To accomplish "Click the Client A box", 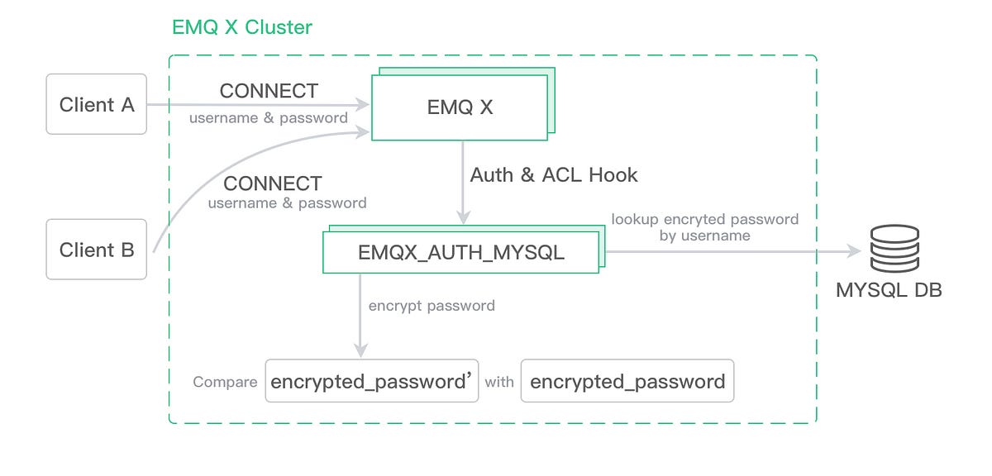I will click(97, 105).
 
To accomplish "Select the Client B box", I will click(97, 250).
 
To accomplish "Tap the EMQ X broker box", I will click(460, 107).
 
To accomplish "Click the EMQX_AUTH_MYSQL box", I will click(460, 252).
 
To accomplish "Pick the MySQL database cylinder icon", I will click(894, 248).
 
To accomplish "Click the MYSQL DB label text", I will click(889, 291).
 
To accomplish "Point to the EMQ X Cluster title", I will click(241, 26).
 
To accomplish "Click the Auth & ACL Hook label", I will click(554, 175).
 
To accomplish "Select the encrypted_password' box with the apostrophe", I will click(372, 381).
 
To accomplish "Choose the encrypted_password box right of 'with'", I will click(627, 381).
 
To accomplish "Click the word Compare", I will click(225, 383).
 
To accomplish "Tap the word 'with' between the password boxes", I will click(499, 383).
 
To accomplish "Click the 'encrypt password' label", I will click(432, 306).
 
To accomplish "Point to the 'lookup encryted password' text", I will click(704, 219).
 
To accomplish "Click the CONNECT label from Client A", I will click(269, 91).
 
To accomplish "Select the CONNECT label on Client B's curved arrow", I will click(273, 183).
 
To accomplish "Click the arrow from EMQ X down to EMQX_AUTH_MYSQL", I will click(463, 182).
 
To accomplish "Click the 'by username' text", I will click(704, 236).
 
